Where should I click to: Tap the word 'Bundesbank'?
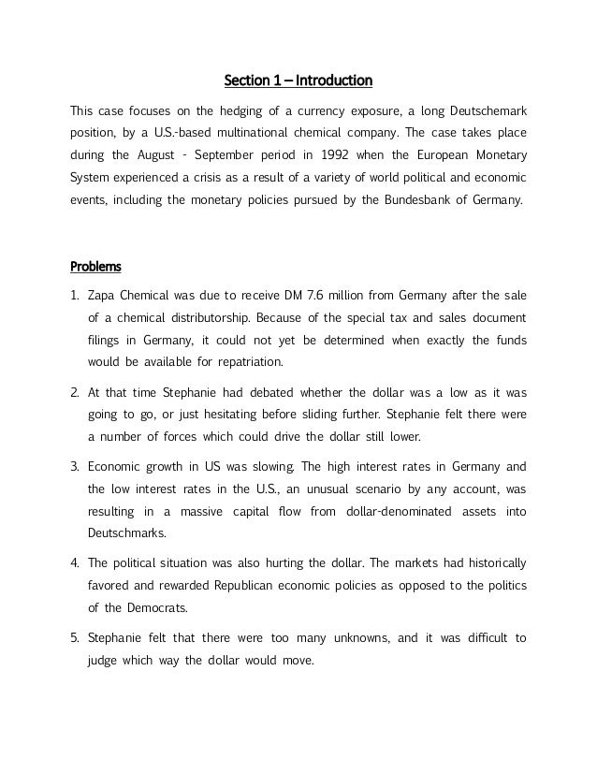[409, 200]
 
